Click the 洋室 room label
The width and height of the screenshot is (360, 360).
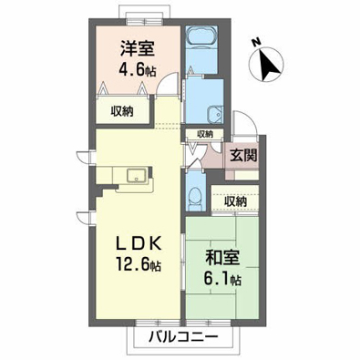pos(138,49)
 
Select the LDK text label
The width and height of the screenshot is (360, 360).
pos(138,243)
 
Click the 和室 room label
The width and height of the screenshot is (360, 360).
pos(223,258)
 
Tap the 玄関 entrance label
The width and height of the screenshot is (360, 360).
pos(243,156)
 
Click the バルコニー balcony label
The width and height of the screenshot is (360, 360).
pos(183,336)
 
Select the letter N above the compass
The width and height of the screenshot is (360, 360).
pos(256,43)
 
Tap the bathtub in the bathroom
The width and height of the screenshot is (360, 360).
pos(201,36)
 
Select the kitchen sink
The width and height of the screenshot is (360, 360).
pos(138,176)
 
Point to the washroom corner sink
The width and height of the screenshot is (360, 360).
pos(215,115)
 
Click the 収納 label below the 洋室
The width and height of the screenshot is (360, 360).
pos(122,112)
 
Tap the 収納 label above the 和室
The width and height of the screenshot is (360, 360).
pos(236,201)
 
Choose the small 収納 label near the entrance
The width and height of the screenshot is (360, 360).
pos(205,134)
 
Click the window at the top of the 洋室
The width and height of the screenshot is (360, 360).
pos(145,21)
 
